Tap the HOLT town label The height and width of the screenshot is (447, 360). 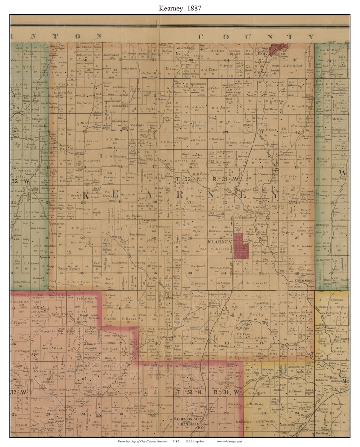[263, 53]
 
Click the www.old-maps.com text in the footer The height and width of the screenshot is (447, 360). [229, 441]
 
